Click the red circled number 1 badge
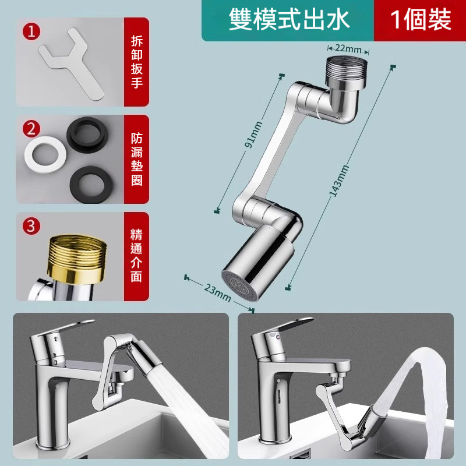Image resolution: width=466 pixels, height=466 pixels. (x=31, y=31)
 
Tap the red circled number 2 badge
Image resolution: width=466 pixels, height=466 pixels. (x=31, y=129)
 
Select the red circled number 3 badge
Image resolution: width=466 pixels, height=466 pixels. (x=31, y=226)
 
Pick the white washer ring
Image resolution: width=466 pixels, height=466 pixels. (x=45, y=154)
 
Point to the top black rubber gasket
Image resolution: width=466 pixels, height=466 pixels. (x=87, y=135)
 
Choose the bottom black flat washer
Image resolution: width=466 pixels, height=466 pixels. (x=91, y=184)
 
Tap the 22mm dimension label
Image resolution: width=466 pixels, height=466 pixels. (x=348, y=48)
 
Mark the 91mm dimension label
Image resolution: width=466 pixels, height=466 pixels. (x=253, y=135)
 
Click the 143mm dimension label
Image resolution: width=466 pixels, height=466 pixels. (x=339, y=181)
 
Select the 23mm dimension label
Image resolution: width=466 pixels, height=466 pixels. (x=217, y=292)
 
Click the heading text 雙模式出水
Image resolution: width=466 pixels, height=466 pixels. (x=288, y=20)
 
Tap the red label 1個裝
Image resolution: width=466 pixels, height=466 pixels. (x=421, y=20)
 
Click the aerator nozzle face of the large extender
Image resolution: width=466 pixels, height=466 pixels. (x=240, y=286)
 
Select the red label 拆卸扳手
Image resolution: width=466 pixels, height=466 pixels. (x=137, y=62)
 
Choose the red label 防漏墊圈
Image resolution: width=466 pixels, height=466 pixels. (x=137, y=159)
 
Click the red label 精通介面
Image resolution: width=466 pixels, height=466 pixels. (x=136, y=256)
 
